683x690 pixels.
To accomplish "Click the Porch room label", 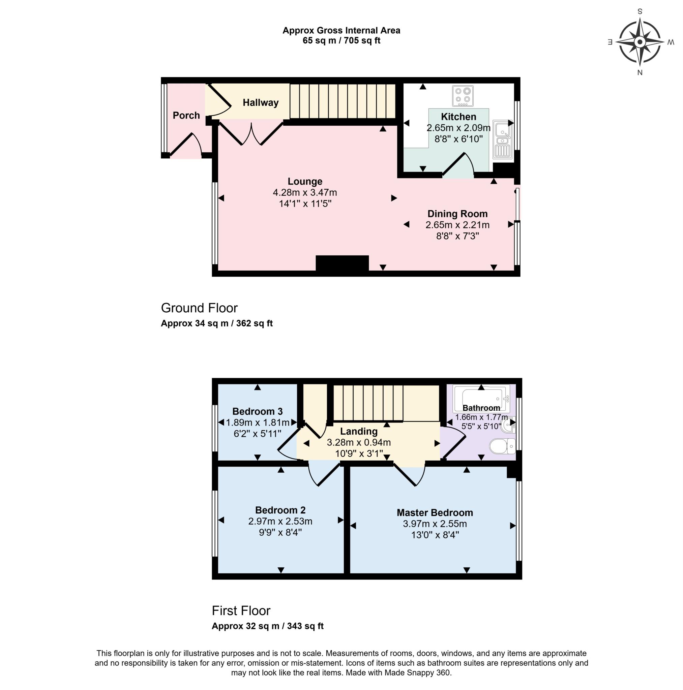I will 186,115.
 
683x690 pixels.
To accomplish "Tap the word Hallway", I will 261,103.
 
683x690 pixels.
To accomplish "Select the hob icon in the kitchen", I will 463,96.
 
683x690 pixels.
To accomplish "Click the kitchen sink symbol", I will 503,139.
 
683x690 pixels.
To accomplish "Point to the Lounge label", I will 305,182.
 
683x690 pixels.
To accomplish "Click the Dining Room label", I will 457,214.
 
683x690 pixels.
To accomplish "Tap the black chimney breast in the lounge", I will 342,264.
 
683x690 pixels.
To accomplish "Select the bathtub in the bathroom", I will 481,398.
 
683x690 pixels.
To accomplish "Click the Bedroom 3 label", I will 257,411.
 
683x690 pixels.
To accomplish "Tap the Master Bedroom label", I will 435,513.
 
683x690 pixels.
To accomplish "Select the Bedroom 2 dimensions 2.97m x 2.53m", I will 280,522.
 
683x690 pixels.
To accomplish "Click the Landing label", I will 358,432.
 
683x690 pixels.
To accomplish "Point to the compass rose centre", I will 640,42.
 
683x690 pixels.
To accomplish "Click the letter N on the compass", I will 640,73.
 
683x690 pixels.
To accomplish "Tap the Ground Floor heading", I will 199,308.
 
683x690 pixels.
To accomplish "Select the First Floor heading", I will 241,611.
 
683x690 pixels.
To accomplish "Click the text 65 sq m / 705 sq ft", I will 341,41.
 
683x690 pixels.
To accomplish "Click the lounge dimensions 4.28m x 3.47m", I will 305,193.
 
